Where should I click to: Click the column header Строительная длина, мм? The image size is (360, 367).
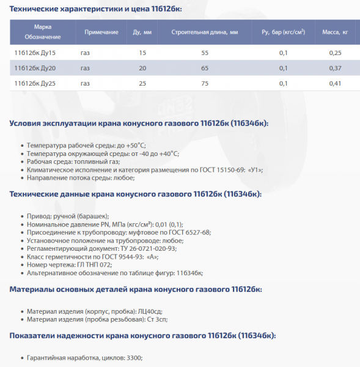(204, 31)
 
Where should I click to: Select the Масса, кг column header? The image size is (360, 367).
(335, 31)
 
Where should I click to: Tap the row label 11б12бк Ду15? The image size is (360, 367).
(35, 53)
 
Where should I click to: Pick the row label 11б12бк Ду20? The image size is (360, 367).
(35, 68)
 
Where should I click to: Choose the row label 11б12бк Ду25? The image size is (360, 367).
(35, 83)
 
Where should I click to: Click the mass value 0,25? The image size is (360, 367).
(335, 53)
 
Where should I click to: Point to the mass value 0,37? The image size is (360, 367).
(335, 68)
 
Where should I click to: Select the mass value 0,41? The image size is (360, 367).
(335, 83)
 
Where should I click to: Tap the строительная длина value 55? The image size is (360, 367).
(204, 53)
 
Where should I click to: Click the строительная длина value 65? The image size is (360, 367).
(204, 68)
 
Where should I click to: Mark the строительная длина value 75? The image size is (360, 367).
(204, 83)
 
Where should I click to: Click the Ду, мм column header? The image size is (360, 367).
(142, 31)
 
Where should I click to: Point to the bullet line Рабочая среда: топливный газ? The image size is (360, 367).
(73, 161)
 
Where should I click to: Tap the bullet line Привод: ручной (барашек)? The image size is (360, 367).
(68, 217)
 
